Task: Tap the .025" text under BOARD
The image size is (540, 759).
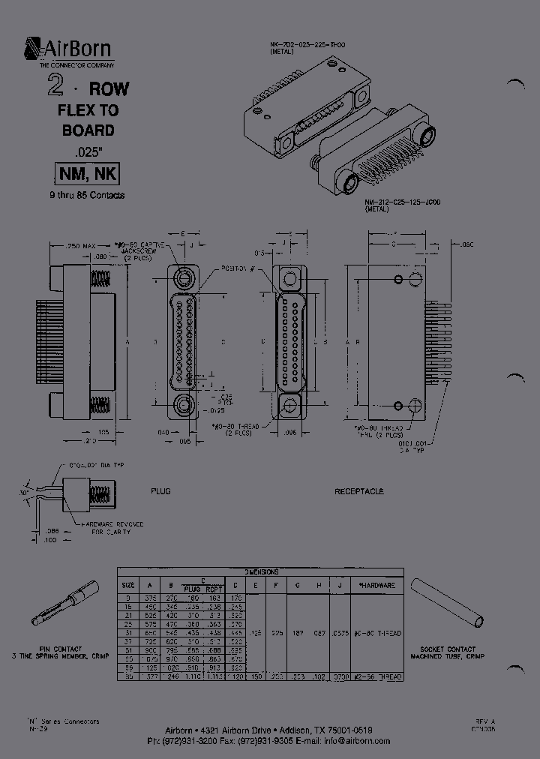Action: pos(88,150)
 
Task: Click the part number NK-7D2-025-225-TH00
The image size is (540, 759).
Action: pos(307,45)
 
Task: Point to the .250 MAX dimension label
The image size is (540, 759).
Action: pos(79,246)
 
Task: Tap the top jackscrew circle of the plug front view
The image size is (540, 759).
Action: pos(184,278)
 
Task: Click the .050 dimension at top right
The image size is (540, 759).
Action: pos(466,245)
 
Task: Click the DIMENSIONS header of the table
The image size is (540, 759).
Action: pos(261,571)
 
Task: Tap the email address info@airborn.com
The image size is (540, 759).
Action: pos(357,741)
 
